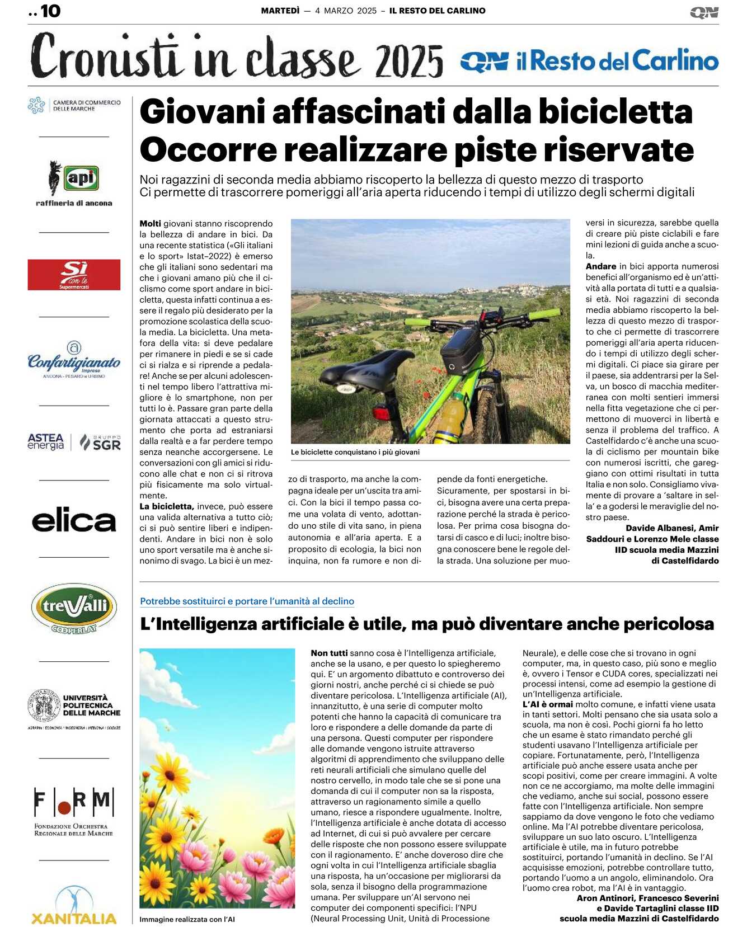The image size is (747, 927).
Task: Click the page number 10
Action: point(50,11)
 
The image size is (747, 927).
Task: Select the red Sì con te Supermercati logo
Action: point(74,275)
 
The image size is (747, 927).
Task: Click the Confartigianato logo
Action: point(74,360)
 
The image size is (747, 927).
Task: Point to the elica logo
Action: point(74,521)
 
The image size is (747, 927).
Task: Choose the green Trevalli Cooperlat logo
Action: point(74,608)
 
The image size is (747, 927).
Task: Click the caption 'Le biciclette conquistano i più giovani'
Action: point(355,452)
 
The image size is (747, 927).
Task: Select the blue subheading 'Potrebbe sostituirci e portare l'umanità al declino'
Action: point(247,601)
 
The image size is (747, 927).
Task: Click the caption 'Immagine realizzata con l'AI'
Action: point(187,919)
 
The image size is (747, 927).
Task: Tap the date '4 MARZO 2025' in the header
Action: point(345,11)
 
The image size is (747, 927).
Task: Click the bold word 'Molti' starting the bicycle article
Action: point(150,223)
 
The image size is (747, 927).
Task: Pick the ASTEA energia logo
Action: point(46,442)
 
